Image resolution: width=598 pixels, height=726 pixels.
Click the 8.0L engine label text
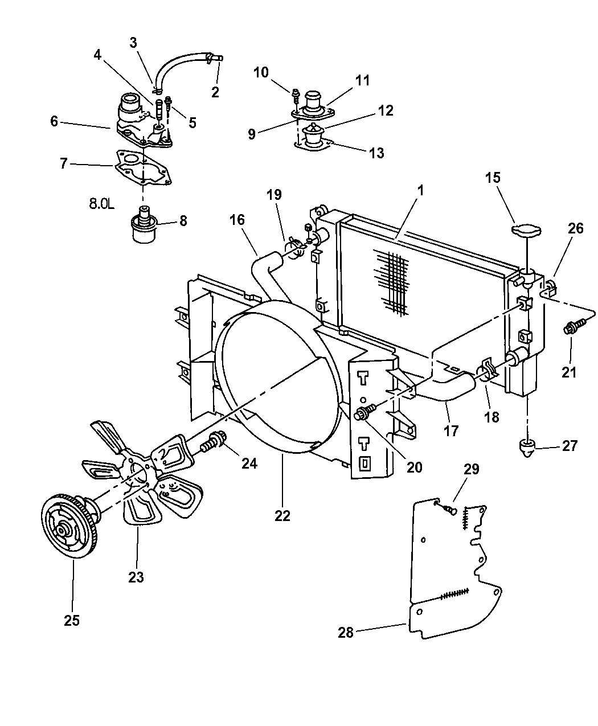[101, 204]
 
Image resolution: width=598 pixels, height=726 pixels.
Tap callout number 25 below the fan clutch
[72, 620]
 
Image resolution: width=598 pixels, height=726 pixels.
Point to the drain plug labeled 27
[529, 448]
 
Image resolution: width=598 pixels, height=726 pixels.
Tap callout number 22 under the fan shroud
[282, 516]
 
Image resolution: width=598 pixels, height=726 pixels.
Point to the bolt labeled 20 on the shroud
[365, 412]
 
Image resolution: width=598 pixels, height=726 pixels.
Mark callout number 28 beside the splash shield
[346, 633]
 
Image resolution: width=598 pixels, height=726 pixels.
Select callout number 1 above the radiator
[420, 191]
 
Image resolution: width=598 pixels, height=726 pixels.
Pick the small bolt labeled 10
[296, 95]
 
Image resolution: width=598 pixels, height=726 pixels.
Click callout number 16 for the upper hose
[237, 220]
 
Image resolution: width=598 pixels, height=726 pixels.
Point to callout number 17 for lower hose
[451, 431]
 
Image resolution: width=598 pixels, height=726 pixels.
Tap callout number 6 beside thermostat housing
[54, 121]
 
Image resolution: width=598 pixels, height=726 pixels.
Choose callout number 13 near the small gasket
[376, 153]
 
